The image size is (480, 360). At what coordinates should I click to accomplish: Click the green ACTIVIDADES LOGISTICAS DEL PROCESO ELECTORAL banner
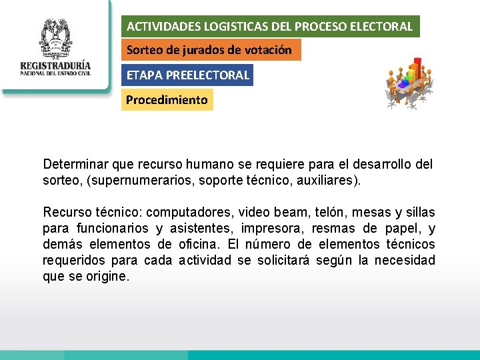point(271,27)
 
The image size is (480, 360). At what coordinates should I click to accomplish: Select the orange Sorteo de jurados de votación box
point(211,50)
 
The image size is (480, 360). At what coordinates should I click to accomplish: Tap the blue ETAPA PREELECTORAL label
point(188,75)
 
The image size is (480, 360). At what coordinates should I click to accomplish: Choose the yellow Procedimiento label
point(167,100)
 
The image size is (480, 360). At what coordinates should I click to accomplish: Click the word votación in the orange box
point(270,50)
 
